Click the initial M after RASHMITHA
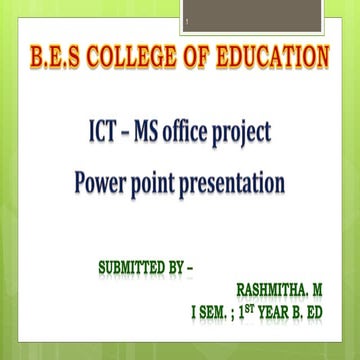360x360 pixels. (x=315, y=290)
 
